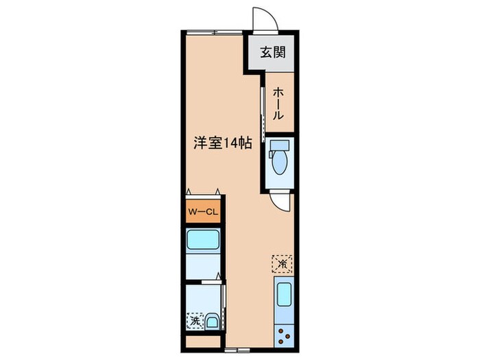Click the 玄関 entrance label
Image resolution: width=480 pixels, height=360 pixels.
[x=272, y=52]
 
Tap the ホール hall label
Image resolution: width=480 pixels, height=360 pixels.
[x=278, y=104]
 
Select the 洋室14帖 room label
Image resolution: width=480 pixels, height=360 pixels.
[x=220, y=143]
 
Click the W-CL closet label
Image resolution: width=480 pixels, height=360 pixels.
[x=202, y=213]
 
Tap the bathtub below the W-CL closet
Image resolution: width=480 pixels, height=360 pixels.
[x=202, y=240]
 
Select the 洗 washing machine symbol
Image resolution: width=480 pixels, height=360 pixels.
[x=195, y=319]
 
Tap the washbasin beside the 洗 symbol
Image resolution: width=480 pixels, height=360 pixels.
[x=212, y=319]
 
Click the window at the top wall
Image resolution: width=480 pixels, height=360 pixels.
[x=214, y=32]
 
